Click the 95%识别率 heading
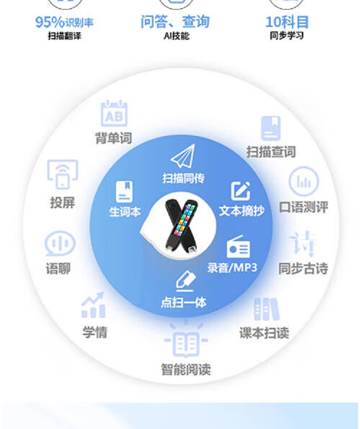(x=64, y=22)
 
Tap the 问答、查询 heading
(x=175, y=22)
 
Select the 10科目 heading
(x=287, y=22)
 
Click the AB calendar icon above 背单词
(x=114, y=114)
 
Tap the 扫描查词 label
(x=271, y=152)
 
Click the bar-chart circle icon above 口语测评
(x=303, y=182)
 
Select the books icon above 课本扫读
(x=266, y=309)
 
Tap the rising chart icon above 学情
(x=94, y=306)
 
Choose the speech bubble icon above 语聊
(x=60, y=244)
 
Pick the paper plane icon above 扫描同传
(x=183, y=157)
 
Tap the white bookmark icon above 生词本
(x=124, y=192)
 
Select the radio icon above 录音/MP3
(x=239, y=247)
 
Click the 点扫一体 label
(x=183, y=303)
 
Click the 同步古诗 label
(x=303, y=269)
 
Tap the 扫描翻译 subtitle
(x=64, y=36)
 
